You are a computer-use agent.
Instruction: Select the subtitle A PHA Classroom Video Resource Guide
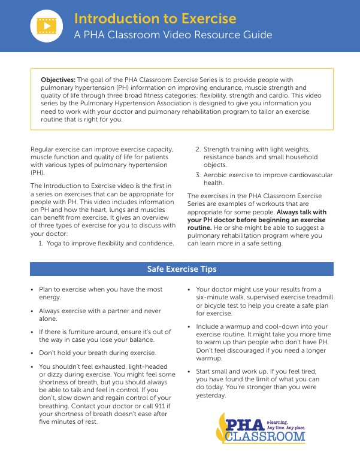click(x=173, y=35)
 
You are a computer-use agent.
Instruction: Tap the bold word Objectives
click(x=58, y=79)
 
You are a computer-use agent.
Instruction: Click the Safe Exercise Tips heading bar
click(x=181, y=269)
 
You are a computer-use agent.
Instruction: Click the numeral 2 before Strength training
click(x=198, y=149)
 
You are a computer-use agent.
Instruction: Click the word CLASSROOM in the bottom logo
click(x=265, y=437)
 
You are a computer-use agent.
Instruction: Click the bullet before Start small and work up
click(x=189, y=371)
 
